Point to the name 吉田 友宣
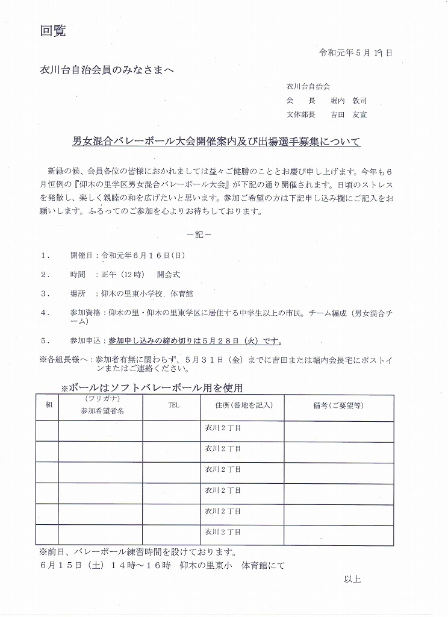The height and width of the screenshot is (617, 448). click(349, 114)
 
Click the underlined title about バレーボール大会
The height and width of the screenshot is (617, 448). click(216, 142)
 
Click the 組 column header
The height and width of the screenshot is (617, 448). click(49, 406)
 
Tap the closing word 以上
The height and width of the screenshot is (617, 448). click(352, 579)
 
